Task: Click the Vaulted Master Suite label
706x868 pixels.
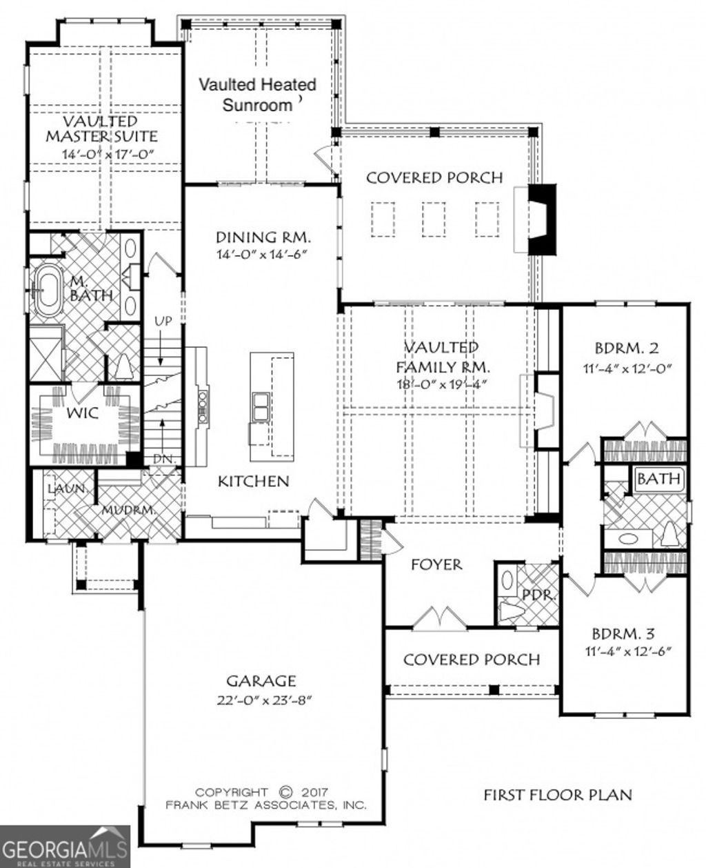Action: tap(101, 129)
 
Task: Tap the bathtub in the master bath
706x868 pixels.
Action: tap(48, 295)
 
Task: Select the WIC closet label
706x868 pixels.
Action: tap(82, 414)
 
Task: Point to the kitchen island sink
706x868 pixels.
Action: tap(261, 406)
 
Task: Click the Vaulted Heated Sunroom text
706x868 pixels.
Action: tap(258, 95)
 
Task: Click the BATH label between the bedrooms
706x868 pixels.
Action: tap(658, 479)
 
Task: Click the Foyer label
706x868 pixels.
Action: tap(436, 565)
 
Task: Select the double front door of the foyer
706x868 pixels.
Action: tap(439, 618)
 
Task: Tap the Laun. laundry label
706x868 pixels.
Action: tap(66, 489)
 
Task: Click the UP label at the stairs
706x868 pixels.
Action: tap(163, 322)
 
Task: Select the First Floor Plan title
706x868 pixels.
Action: tap(557, 795)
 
